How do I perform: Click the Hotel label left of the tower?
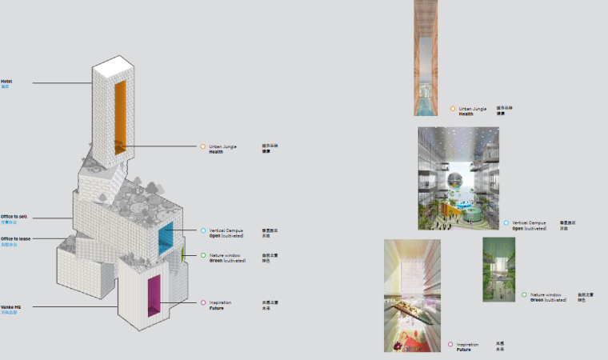6,81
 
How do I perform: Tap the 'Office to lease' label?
16,238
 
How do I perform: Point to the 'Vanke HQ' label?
10,306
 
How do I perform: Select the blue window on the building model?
166,238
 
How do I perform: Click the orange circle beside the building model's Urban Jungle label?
202,146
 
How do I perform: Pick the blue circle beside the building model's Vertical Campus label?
203,230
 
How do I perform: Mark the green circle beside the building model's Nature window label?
203,255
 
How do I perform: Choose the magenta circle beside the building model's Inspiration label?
203,302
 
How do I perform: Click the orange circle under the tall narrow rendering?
453,109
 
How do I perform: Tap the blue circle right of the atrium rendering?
506,223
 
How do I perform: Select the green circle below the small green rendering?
524,294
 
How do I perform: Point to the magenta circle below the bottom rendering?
450,344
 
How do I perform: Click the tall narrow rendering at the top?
426,56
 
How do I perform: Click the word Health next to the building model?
216,151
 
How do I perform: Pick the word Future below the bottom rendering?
463,350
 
